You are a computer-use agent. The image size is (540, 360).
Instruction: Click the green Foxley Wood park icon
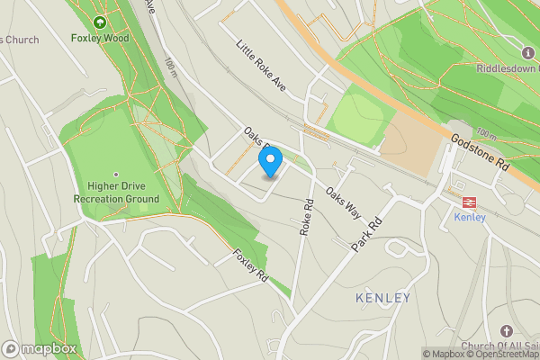coord(100,22)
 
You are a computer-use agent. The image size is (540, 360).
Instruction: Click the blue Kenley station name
coord(469,217)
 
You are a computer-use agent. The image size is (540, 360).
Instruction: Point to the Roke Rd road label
coord(308,218)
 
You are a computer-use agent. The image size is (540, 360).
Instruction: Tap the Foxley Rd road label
coord(250,267)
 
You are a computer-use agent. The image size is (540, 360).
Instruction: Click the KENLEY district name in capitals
coord(382,298)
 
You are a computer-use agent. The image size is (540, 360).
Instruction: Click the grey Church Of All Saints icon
coord(506,332)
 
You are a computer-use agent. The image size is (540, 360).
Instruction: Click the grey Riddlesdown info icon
coord(527,52)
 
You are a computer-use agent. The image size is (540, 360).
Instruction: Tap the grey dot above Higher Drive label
coord(116,175)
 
